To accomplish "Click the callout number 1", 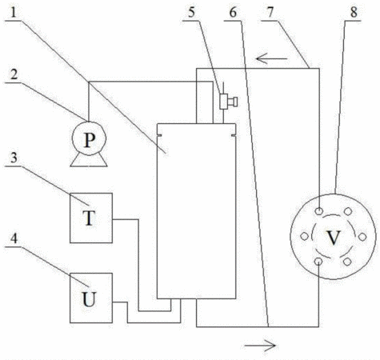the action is click(x=14, y=12).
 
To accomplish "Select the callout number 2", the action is click(x=14, y=74).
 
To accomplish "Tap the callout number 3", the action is click(x=14, y=158).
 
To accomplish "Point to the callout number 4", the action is click(x=14, y=238).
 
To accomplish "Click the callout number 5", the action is click(x=191, y=13).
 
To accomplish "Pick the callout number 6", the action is click(x=233, y=13).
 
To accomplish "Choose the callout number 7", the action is click(x=270, y=13).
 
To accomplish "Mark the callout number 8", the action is click(x=354, y=13).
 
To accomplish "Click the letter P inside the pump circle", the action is click(x=90, y=141).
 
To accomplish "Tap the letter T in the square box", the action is click(x=89, y=218).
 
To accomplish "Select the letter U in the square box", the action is click(x=89, y=299).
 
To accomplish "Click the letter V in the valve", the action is click(x=334, y=237).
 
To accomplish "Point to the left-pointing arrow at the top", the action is click(x=271, y=58).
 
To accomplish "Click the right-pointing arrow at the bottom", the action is click(x=260, y=346).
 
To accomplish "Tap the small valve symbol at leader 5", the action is click(x=228, y=102).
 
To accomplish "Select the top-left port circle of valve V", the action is click(x=319, y=211).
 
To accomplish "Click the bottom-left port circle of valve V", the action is click(x=318, y=262).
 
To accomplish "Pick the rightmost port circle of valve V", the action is click(x=362, y=237).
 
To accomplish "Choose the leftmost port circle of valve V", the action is click(x=304, y=236).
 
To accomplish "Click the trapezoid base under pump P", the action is click(x=89, y=160).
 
